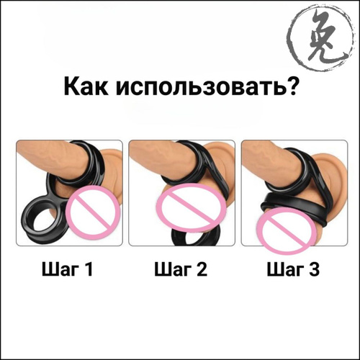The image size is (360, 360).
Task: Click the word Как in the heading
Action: click(x=86, y=86)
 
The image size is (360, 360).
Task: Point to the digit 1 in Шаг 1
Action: click(x=89, y=269)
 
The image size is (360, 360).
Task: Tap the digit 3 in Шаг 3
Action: click(x=314, y=269)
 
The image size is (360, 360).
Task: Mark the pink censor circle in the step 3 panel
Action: click(x=287, y=231)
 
